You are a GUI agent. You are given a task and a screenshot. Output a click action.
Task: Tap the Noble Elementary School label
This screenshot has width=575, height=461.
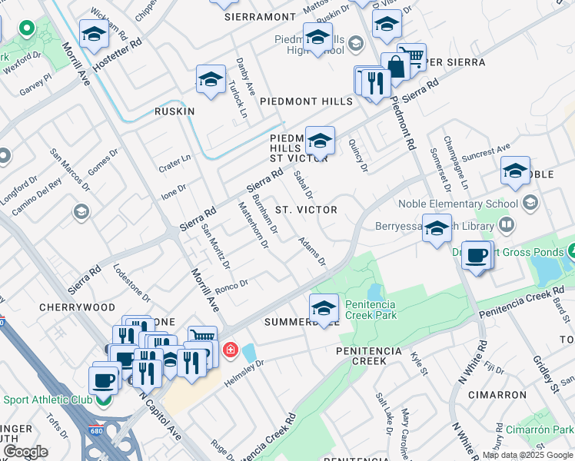tap(457, 204)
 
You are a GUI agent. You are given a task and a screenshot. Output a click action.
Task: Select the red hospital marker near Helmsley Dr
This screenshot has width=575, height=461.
tap(229, 351)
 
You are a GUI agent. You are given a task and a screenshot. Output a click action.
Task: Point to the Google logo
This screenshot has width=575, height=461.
tap(25, 451)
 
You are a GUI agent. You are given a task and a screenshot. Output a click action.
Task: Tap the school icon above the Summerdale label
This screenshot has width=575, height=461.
tap(324, 307)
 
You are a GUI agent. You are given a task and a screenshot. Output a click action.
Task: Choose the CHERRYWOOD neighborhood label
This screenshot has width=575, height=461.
tap(66, 307)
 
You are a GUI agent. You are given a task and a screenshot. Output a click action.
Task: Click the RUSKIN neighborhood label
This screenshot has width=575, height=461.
tap(174, 111)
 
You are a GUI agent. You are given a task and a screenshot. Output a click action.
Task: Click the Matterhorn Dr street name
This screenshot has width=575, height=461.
tap(253, 225)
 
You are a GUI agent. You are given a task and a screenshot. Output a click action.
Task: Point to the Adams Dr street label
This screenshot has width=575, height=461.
tap(313, 251)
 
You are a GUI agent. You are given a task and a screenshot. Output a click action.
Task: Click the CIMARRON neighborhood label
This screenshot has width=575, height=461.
tap(500, 395)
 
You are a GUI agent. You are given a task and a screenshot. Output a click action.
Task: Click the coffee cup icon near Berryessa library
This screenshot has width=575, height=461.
tap(477, 255)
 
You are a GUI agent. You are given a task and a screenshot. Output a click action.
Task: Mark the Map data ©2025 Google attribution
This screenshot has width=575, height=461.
tap(527, 455)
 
